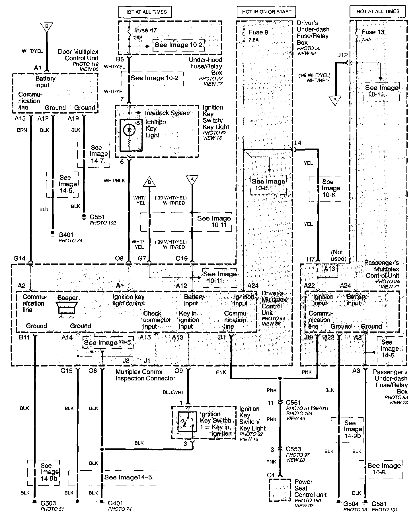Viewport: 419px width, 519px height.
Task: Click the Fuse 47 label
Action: pos(145,30)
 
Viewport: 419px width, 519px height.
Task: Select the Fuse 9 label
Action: pos(258,32)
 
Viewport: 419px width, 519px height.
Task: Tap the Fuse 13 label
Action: pos(373,32)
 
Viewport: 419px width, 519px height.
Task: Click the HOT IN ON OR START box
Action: pos(266,12)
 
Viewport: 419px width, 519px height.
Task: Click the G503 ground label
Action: pos(48,503)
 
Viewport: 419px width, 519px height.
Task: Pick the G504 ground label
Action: pos(351,504)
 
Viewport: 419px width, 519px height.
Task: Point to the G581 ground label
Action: pos(379,504)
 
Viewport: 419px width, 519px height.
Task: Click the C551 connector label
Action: pos(293,402)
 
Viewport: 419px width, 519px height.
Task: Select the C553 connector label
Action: pos(293,449)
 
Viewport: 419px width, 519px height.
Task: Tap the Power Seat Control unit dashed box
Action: pos(280,490)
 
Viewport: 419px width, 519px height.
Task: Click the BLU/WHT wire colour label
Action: pos(173,392)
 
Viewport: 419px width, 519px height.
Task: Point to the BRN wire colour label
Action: pos(22,130)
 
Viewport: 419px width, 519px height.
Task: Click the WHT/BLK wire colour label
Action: pos(114,180)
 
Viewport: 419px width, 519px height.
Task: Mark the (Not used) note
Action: pos(338,255)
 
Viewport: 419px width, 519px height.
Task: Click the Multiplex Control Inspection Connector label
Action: pos(145,375)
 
